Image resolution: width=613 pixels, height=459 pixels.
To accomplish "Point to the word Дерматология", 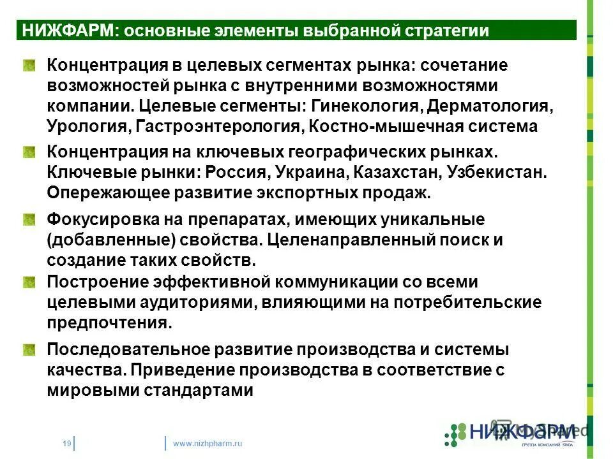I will (490, 105).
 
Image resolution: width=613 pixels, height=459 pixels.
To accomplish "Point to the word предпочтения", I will (109, 323).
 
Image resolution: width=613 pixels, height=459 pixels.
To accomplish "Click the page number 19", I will (66, 443).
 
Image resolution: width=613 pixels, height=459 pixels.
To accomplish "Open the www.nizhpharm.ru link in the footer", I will (208, 443).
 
